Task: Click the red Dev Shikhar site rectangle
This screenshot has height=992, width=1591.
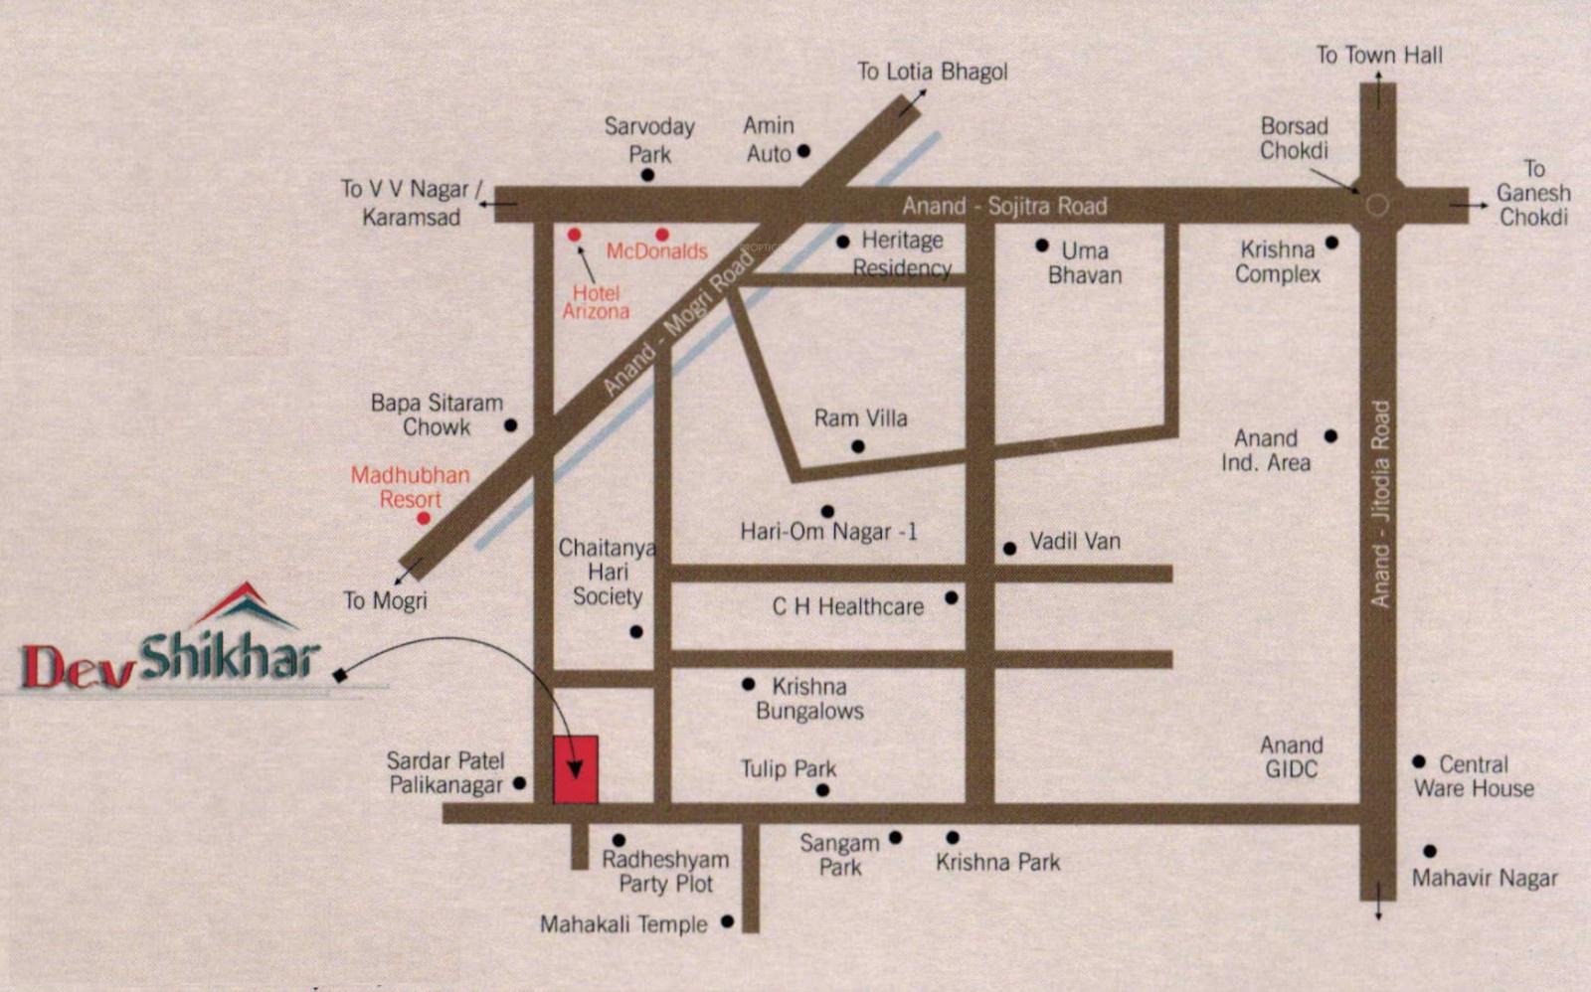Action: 575,769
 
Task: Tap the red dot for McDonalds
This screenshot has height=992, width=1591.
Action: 662,235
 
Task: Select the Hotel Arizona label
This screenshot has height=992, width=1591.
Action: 596,302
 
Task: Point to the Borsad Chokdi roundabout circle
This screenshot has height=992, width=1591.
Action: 1377,206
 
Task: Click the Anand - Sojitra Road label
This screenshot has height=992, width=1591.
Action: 1004,206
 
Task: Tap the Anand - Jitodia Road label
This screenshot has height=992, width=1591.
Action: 1380,503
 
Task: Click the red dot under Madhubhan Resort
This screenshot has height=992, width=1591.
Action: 424,518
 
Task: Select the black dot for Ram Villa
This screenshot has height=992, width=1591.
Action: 857,446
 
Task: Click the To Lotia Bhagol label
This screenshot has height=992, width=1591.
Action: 932,72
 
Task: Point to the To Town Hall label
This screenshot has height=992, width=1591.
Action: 1379,55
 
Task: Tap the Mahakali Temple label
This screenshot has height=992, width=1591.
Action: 623,924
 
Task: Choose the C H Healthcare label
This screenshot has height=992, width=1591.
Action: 847,606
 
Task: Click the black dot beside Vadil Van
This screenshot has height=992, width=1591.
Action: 1009,548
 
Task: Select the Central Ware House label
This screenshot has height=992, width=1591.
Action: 1474,776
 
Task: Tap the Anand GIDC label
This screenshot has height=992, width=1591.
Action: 1291,756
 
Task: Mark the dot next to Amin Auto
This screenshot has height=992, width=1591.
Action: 803,151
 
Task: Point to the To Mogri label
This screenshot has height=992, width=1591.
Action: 385,600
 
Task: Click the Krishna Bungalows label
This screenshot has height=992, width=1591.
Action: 809,699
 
